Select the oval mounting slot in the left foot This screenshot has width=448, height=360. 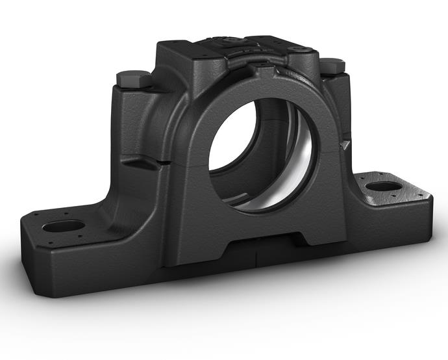(x=64, y=227)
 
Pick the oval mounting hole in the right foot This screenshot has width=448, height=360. (x=382, y=186)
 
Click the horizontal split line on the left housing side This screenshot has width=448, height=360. (x=140, y=162)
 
